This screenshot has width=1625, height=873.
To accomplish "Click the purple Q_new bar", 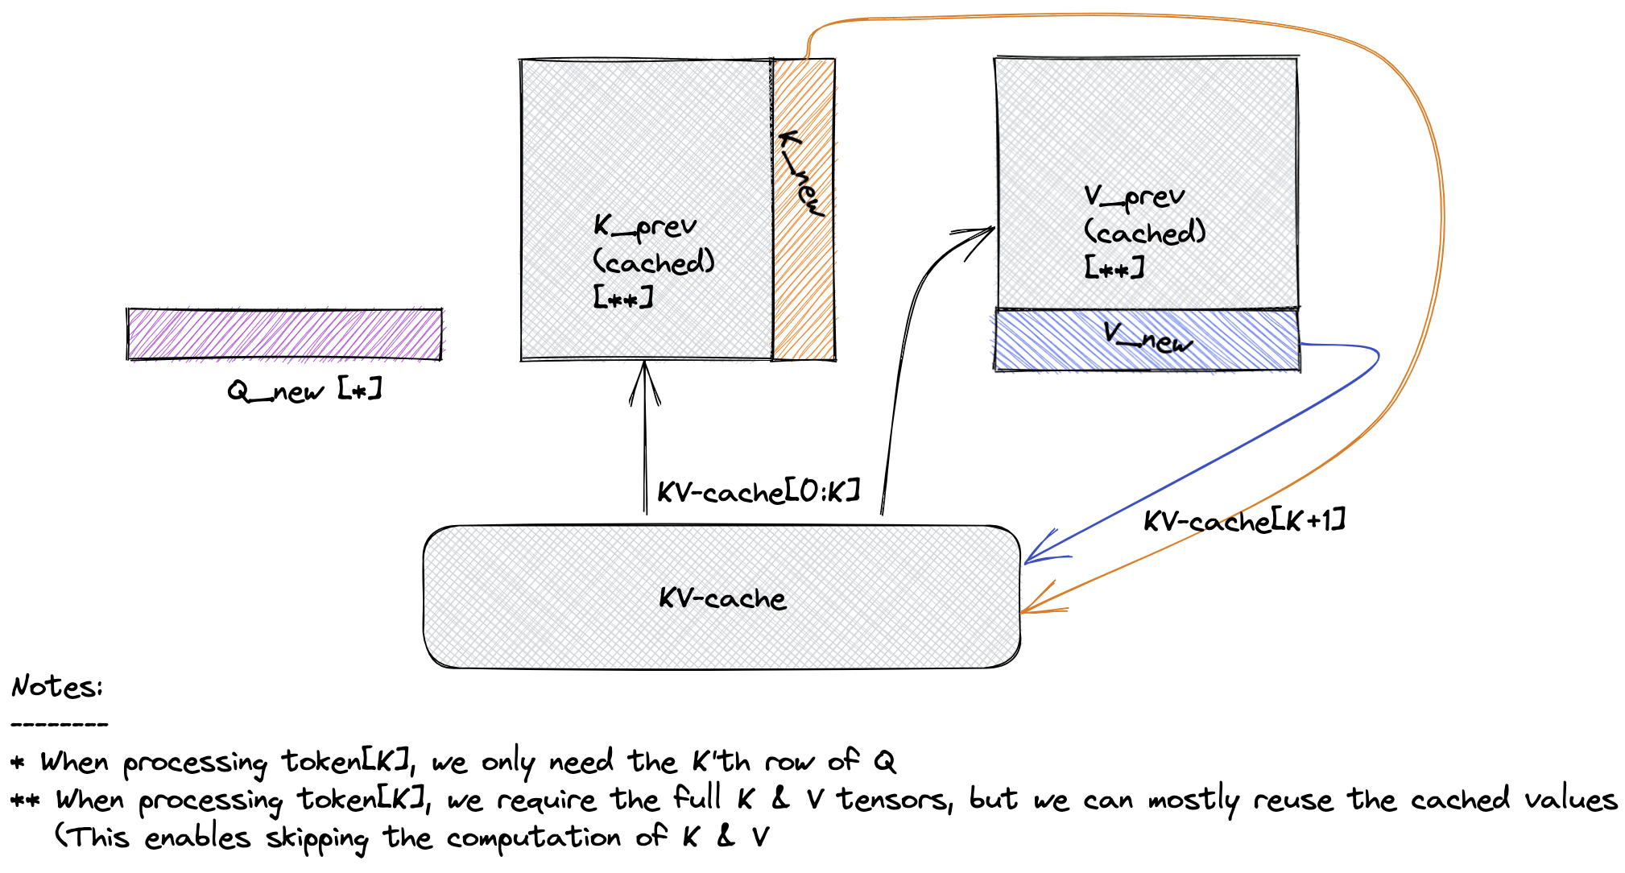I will pyautogui.click(x=284, y=333).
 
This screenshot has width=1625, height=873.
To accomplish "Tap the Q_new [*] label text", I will pyautogui.click(x=304, y=391).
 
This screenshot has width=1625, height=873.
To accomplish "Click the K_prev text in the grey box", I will pyautogui.click(x=644, y=226).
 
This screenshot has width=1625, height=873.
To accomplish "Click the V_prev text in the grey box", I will pyautogui.click(x=1134, y=197).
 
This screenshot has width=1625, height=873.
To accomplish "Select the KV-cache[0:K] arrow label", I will pyautogui.click(x=758, y=492).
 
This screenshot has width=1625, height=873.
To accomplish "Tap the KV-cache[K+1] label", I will pyautogui.click(x=1243, y=521).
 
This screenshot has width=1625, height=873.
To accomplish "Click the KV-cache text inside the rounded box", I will pyautogui.click(x=722, y=598).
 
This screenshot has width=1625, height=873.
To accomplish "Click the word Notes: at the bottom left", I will pyautogui.click(x=57, y=687).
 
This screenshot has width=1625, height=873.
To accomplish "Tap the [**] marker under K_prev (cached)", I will pyautogui.click(x=622, y=298).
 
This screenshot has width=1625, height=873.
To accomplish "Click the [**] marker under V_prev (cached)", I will pyautogui.click(x=1114, y=267).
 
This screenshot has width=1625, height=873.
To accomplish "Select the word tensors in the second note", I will pyautogui.click(x=894, y=800).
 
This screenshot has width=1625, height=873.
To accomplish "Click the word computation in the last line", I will pyautogui.click(x=533, y=838).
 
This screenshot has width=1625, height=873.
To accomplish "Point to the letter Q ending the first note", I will pyautogui.click(x=884, y=761).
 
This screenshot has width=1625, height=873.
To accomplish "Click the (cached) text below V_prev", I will pyautogui.click(x=1144, y=233).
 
